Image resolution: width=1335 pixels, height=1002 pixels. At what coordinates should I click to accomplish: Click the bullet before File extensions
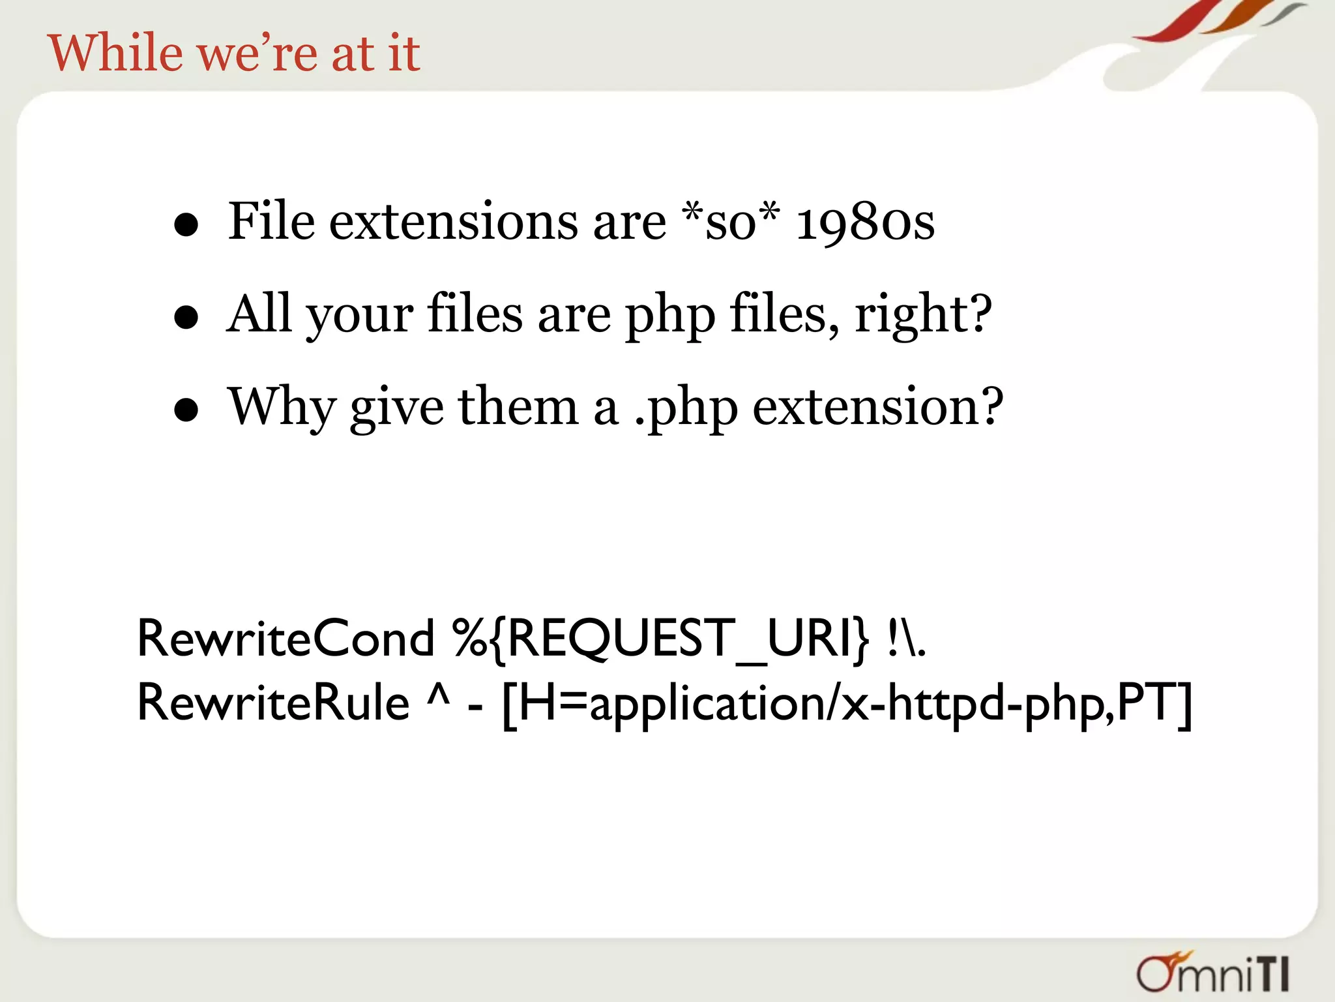tap(186, 225)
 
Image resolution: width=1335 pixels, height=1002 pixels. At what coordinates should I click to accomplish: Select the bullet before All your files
tap(186, 318)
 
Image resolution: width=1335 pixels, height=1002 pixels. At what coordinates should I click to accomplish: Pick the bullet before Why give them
tap(186, 410)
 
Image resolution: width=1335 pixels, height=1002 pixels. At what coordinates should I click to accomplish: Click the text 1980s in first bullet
tap(865, 222)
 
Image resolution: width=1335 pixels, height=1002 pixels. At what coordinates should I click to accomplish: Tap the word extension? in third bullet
tap(877, 407)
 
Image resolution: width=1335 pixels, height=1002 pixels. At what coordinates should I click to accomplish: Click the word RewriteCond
tap(285, 638)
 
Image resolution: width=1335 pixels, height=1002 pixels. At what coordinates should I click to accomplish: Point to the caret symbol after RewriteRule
tap(438, 697)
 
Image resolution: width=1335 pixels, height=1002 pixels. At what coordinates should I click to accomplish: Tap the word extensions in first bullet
tap(453, 222)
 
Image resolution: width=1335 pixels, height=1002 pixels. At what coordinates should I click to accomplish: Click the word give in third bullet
tap(396, 408)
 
